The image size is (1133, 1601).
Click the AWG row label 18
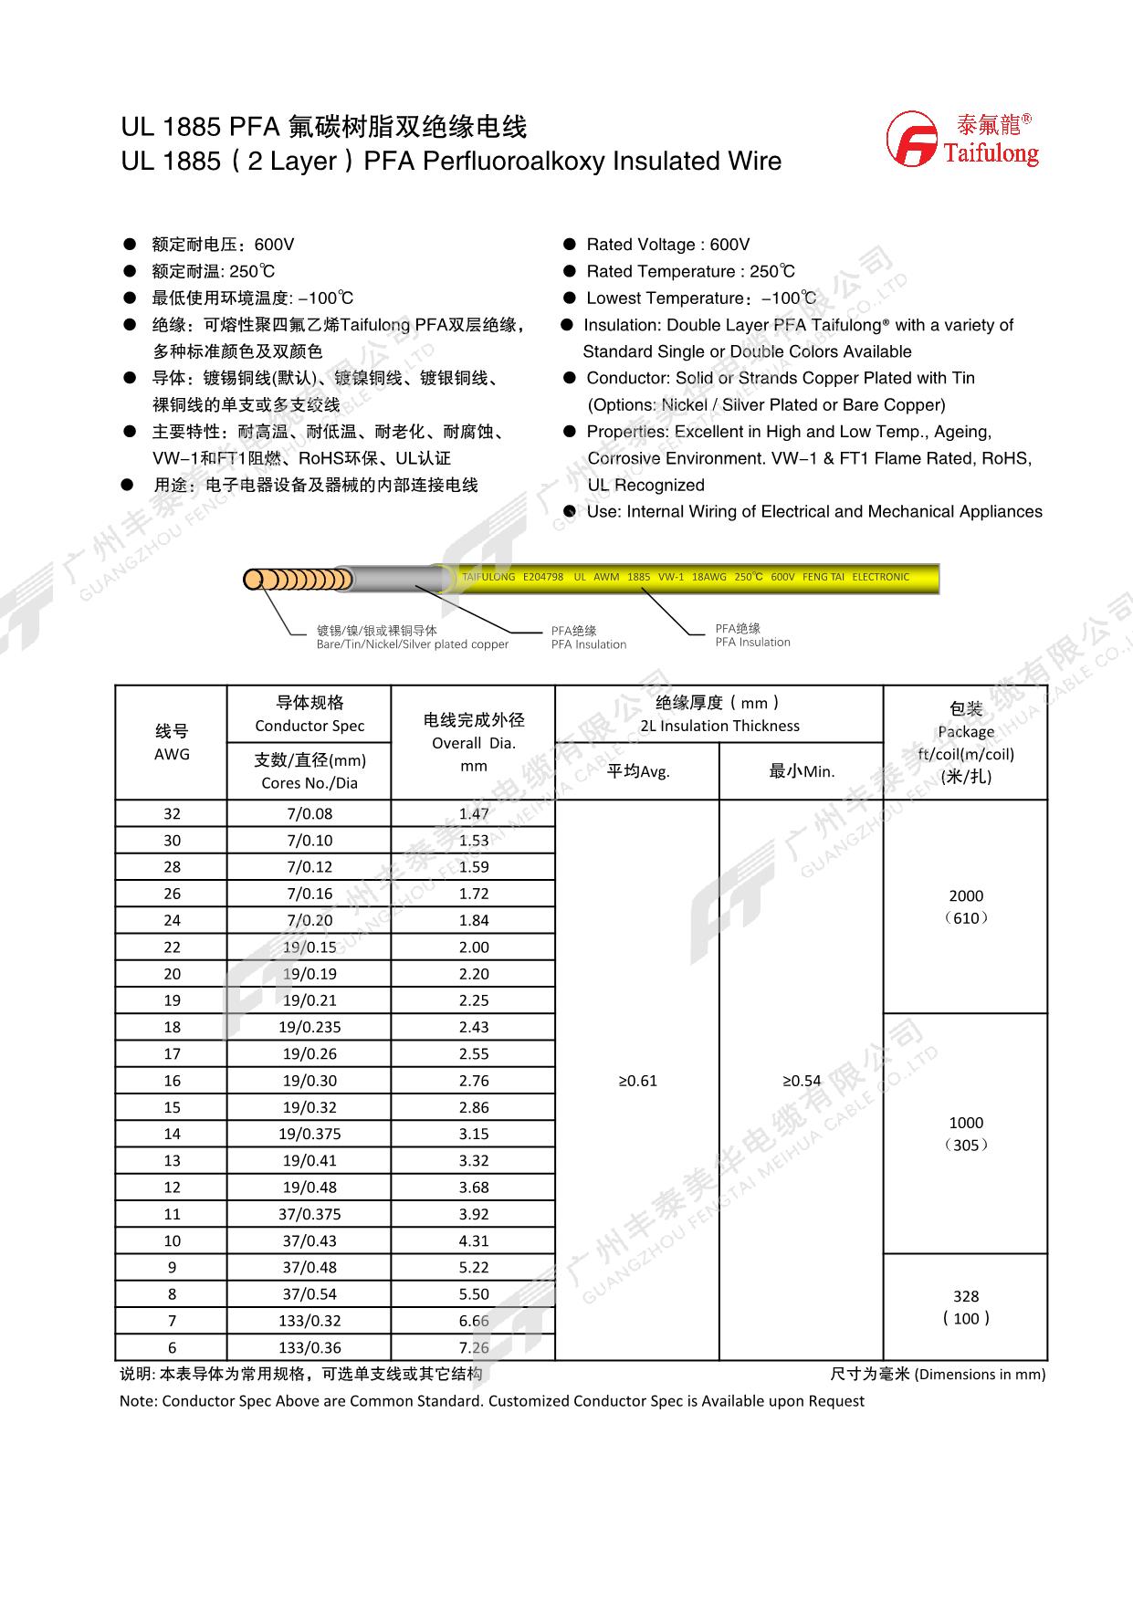pyautogui.click(x=172, y=1027)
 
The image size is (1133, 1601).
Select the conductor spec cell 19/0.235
pyautogui.click(x=309, y=1027)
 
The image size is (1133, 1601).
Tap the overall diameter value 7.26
pyautogui.click(x=474, y=1347)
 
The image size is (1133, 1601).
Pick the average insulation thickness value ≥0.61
pyautogui.click(x=637, y=1081)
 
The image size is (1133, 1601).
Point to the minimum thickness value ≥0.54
pyautogui.click(x=802, y=1081)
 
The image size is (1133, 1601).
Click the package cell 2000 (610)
pyautogui.click(x=966, y=906)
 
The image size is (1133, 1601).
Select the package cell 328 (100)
pyautogui.click(x=966, y=1307)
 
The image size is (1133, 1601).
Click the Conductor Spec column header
pyautogui.click(x=309, y=714)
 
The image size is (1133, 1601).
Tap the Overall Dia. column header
pyautogui.click(x=474, y=742)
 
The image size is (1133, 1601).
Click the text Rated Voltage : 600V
pyautogui.click(x=667, y=245)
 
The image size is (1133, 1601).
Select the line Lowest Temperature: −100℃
pyautogui.click(x=700, y=298)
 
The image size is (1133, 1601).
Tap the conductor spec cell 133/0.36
pyautogui.click(x=309, y=1347)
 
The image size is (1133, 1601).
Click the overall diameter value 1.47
pyautogui.click(x=474, y=813)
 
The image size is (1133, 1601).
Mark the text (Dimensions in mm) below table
pyautogui.click(x=980, y=1374)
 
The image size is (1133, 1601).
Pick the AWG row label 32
pyautogui.click(x=172, y=813)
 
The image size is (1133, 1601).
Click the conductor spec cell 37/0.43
pyautogui.click(x=309, y=1240)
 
